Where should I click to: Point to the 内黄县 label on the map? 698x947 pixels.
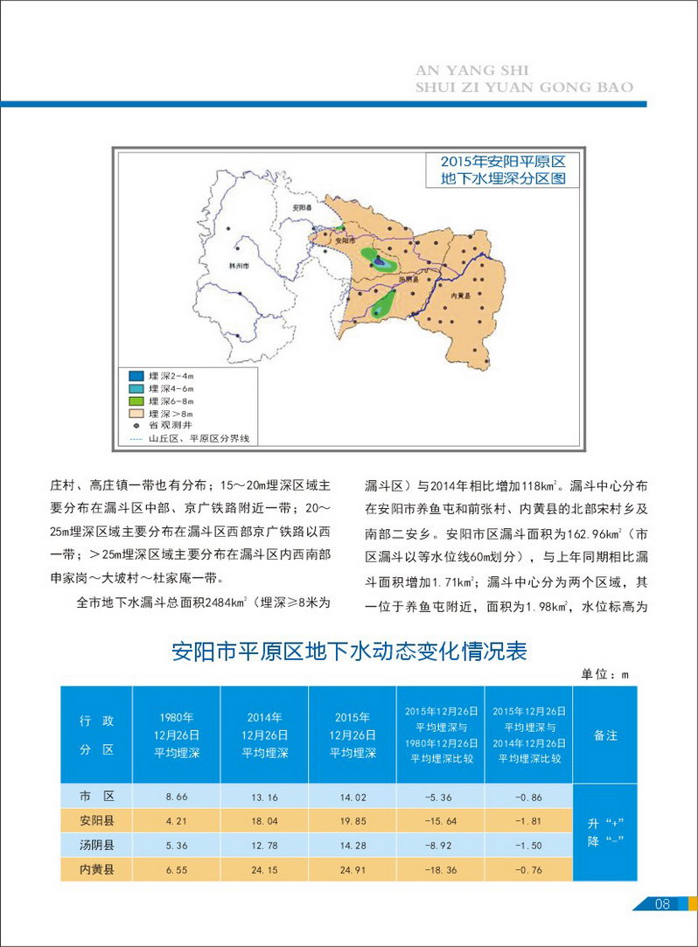(460, 297)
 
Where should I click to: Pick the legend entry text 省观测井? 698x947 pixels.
(167, 424)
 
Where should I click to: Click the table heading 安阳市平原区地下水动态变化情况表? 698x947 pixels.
(349, 651)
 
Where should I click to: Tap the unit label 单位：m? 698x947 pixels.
(604, 674)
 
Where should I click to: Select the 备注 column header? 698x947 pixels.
(605, 735)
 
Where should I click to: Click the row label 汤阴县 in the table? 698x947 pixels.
(96, 845)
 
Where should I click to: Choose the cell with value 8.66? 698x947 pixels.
(177, 797)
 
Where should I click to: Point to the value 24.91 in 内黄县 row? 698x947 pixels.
(352, 869)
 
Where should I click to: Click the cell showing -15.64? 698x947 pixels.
(440, 821)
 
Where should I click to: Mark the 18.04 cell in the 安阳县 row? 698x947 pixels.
(264, 821)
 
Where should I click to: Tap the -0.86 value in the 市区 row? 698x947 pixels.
(529, 797)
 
